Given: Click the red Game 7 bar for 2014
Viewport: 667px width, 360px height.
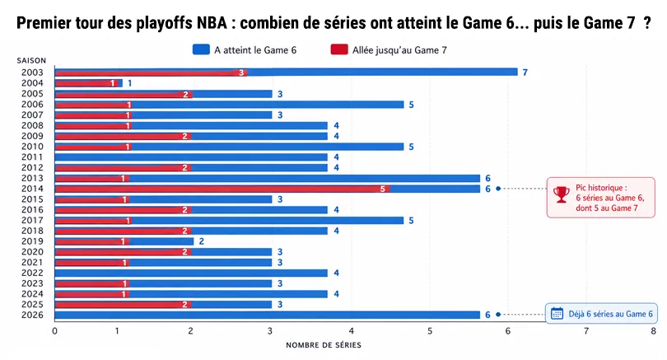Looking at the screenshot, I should [x=222, y=189].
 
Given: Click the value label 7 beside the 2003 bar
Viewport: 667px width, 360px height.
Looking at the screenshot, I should [x=525, y=72].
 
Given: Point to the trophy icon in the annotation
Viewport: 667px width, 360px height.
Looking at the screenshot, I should [x=562, y=194].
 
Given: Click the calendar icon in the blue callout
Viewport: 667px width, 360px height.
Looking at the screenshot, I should [x=557, y=313].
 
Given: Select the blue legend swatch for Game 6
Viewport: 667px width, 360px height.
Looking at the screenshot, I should [x=200, y=49].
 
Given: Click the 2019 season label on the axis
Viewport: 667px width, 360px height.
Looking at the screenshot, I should [x=32, y=241].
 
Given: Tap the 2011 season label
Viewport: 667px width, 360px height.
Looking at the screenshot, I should [x=32, y=157].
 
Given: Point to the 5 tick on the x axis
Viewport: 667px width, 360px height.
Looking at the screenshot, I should [x=430, y=331].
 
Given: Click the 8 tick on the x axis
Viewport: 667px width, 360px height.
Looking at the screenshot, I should [x=653, y=331].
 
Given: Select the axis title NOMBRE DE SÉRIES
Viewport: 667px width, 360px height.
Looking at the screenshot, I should [x=323, y=345].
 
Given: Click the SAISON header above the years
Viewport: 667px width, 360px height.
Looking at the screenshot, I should [x=31, y=61].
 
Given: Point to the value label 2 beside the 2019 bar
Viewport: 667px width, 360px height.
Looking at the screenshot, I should [x=202, y=241].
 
